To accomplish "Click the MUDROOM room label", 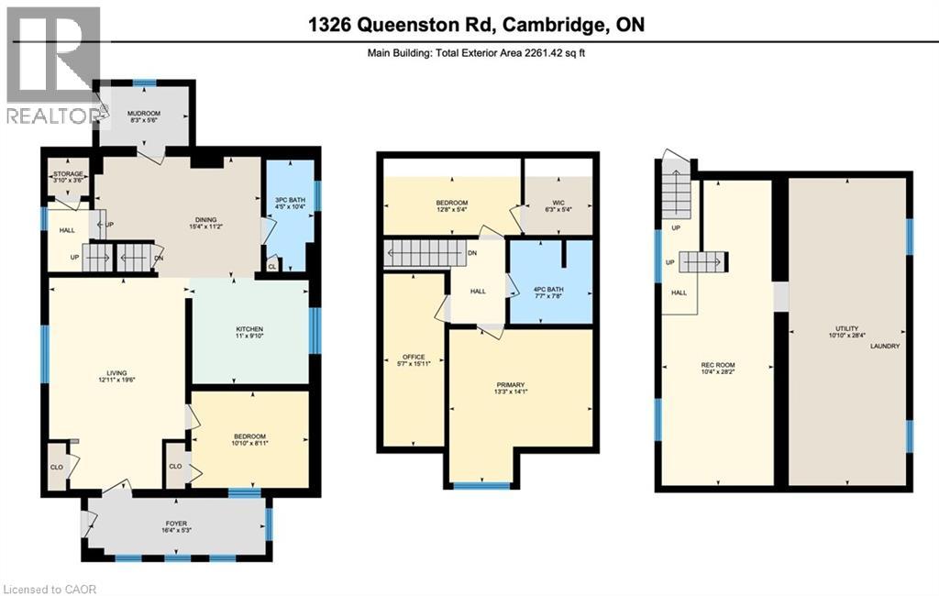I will pos(142,114).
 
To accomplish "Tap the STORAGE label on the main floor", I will pos(69,174).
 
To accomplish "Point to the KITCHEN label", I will pos(249,329).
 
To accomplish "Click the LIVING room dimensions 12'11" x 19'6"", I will pos(116,381).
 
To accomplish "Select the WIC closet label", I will pos(556,203).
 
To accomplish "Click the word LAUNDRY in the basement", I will pos(886,347).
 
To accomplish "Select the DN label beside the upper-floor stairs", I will pos(471,254).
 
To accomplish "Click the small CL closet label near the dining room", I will pos(272,267).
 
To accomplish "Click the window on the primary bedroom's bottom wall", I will pos(482,485).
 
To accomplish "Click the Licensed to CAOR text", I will pos(50,588).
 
